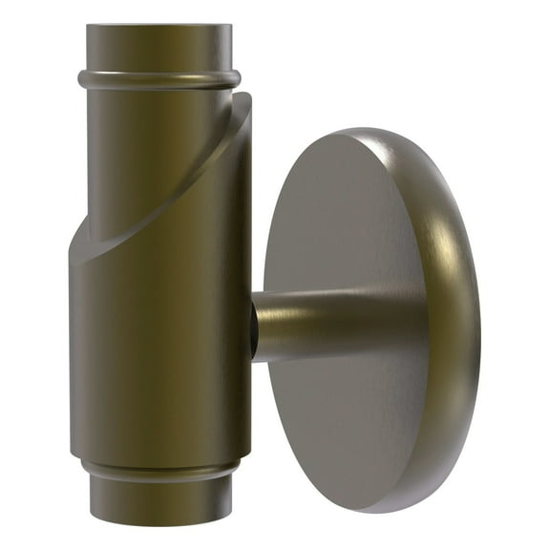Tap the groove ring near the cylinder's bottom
[x=158, y=470]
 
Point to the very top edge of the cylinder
[x=158, y=27]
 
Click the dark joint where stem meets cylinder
[x=253, y=329]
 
